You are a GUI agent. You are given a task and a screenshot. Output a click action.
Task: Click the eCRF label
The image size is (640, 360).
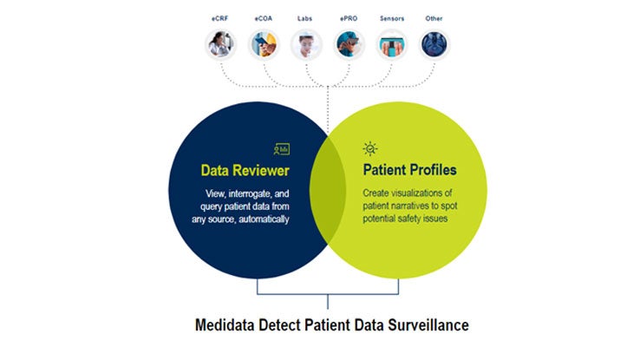coord(219,18)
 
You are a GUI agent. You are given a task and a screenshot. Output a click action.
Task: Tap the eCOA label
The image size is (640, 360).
coord(264,18)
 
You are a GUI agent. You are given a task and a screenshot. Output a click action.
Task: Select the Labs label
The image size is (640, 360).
coord(304,18)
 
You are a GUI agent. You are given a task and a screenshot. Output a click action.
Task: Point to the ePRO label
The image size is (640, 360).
coord(349,18)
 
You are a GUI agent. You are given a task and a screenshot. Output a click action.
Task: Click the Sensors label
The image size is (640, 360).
coord(392,18)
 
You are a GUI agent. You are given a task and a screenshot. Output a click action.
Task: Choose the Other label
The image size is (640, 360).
coord(434,18)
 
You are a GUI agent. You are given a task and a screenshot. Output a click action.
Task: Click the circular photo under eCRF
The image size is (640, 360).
coord(220,44)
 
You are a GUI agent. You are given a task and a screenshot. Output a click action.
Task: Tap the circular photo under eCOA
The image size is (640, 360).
coord(264,44)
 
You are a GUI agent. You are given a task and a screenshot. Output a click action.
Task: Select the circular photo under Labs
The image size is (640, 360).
coord(306,44)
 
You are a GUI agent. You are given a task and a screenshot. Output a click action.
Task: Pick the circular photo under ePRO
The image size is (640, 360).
coord(349,44)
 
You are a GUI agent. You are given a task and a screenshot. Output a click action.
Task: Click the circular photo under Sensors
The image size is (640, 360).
coord(392,44)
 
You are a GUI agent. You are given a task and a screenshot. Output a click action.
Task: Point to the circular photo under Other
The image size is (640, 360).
coord(434,44)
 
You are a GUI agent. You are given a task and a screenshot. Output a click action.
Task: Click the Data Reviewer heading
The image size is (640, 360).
coord(245,170)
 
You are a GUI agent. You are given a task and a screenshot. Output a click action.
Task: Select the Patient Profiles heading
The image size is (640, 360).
coord(410,170)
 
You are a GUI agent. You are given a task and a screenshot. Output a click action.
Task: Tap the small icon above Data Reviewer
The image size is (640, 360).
coord(282,149)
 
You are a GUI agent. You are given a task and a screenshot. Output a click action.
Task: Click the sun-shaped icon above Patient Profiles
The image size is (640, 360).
coord(370,149)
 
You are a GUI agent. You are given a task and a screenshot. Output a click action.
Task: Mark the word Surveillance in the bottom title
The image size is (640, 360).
coord(428,325)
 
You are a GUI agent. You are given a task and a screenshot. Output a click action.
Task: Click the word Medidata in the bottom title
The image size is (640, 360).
coord(225,325)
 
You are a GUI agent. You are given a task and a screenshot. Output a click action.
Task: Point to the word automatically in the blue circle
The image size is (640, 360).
coord(264,219)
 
